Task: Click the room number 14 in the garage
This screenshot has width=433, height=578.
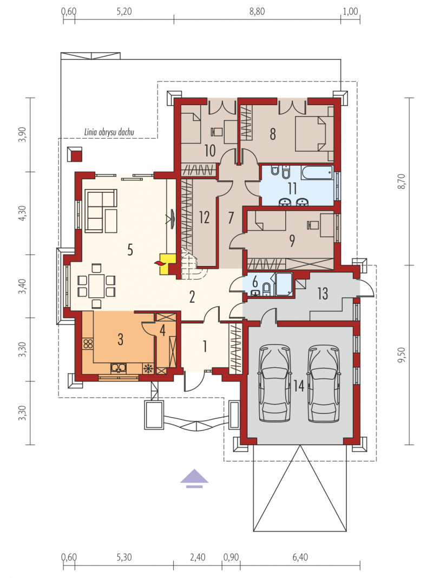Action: [x=299, y=386]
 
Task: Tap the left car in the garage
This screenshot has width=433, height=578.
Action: [x=274, y=384]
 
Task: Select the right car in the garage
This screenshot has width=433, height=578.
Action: [x=323, y=384]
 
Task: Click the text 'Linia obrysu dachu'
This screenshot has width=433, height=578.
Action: [x=109, y=132]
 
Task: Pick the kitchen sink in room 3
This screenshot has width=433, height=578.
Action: [x=119, y=367]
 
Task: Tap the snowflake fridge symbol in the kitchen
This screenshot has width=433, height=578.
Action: [x=148, y=368]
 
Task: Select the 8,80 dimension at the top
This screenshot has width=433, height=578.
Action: [x=257, y=11]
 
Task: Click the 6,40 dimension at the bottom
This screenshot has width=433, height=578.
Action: [x=300, y=557]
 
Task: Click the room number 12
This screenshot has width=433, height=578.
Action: [x=204, y=217]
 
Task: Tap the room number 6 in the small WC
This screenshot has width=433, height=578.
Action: [x=255, y=283]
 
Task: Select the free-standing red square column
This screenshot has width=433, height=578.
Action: [x=75, y=154]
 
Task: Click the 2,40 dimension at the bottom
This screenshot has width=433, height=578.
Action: [x=198, y=557]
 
